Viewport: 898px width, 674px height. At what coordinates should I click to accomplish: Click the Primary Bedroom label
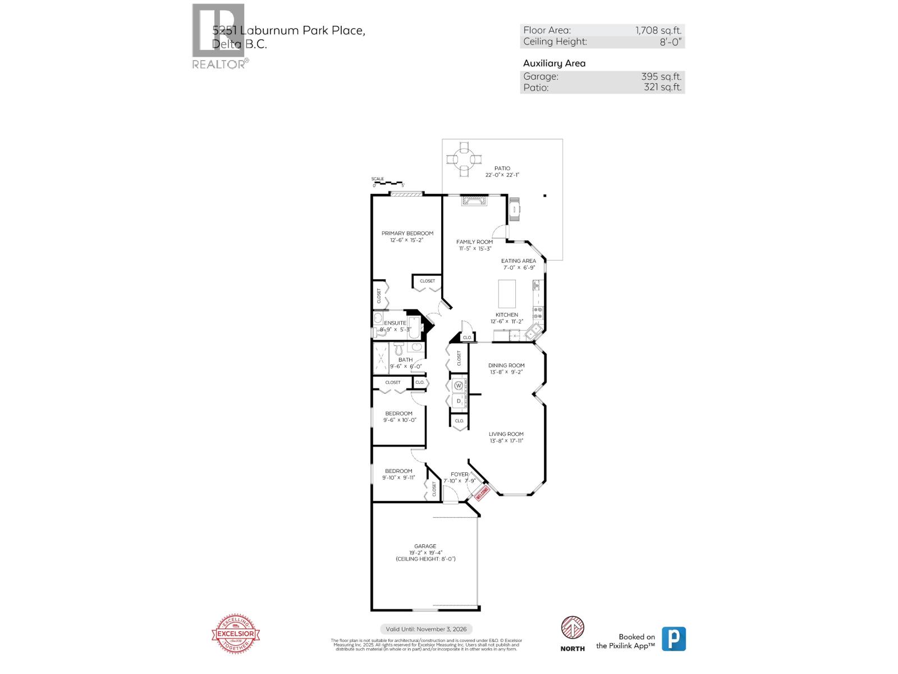pyautogui.click(x=407, y=233)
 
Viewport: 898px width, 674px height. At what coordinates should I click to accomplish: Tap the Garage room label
pyautogui.click(x=425, y=546)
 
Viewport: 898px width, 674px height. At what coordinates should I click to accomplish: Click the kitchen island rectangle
pyautogui.click(x=507, y=293)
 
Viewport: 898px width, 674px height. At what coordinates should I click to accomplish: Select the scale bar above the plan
pyautogui.click(x=388, y=183)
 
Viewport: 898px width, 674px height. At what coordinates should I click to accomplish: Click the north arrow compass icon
pyautogui.click(x=572, y=628)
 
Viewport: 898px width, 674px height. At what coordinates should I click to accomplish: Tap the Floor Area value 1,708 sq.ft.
pyautogui.click(x=658, y=31)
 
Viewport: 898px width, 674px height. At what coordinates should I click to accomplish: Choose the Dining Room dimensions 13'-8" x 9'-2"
pyautogui.click(x=506, y=372)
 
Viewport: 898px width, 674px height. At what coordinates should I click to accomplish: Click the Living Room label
pyautogui.click(x=506, y=434)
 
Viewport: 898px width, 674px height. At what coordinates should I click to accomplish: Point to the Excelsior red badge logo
pyautogui.click(x=236, y=634)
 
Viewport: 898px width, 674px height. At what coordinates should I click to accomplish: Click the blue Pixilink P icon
pyautogui.click(x=673, y=639)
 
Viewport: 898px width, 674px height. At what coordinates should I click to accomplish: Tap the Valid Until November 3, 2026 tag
pyautogui.click(x=427, y=629)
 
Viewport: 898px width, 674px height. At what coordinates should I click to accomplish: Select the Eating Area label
pyautogui.click(x=518, y=261)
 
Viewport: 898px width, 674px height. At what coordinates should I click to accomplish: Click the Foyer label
pyautogui.click(x=459, y=474)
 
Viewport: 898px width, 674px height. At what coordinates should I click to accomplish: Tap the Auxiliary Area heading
pyautogui.click(x=554, y=63)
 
